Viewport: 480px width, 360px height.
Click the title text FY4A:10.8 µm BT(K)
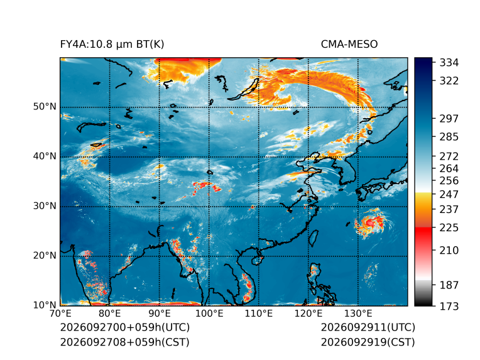pyautogui.click(x=112, y=45)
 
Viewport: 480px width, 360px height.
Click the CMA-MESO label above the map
pyautogui.click(x=349, y=45)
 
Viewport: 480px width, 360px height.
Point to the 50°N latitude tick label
pyautogui.click(x=45, y=107)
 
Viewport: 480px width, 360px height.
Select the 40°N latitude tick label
pyautogui.click(x=45, y=156)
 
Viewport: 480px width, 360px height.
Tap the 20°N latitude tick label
pyautogui.click(x=45, y=256)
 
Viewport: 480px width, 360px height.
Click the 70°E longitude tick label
pyautogui.click(x=60, y=314)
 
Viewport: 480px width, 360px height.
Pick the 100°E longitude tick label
pyautogui.click(x=209, y=314)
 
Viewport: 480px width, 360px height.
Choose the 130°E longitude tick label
pyautogui.click(x=358, y=314)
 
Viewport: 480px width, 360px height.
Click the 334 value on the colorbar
pyautogui.click(x=449, y=63)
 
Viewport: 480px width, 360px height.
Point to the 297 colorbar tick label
pyautogui.click(x=449, y=119)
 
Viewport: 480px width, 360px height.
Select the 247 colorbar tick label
pyautogui.click(x=449, y=194)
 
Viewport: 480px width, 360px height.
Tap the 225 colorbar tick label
pyautogui.click(x=449, y=228)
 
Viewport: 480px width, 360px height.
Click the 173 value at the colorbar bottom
pyautogui.click(x=449, y=306)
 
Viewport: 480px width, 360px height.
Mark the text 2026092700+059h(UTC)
pyautogui.click(x=125, y=327)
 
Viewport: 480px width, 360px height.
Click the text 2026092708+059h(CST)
pyautogui.click(x=125, y=342)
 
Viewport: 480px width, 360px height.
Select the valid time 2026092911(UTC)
pyautogui.click(x=368, y=327)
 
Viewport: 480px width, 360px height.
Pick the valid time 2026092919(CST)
pyautogui.click(x=368, y=342)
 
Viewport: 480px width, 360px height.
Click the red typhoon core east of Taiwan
pyautogui.click(x=370, y=222)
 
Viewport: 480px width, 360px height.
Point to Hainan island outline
pyautogui.click(x=257, y=261)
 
